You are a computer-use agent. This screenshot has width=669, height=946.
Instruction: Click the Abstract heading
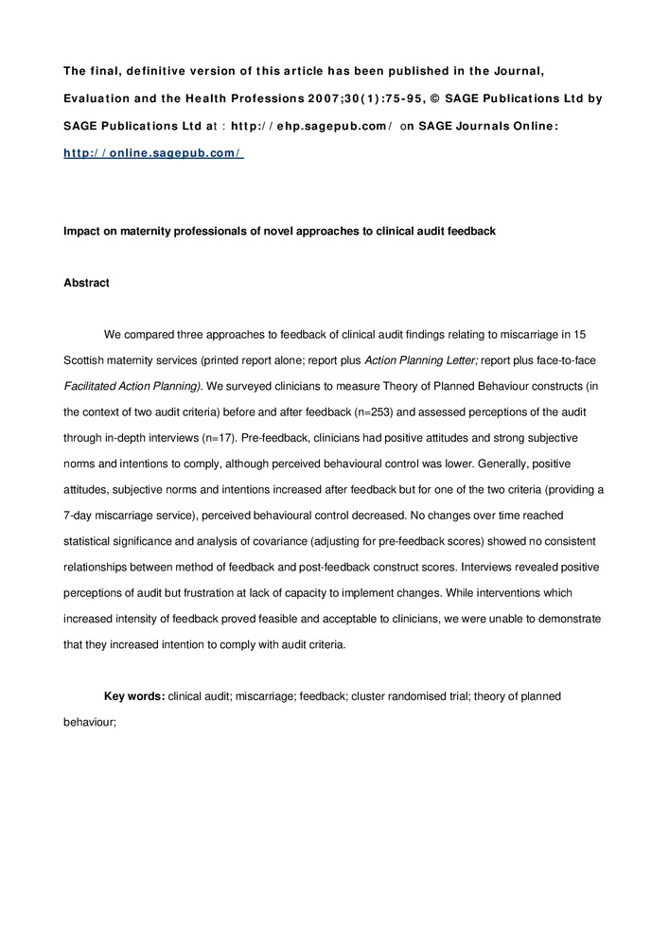(86, 283)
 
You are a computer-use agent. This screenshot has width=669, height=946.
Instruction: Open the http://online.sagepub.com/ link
(152, 152)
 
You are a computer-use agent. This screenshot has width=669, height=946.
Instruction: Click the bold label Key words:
(134, 696)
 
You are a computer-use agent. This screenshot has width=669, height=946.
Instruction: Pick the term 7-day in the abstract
(80, 515)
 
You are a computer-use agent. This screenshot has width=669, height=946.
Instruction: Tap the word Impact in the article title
(82, 230)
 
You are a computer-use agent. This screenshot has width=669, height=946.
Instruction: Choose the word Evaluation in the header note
(98, 98)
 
